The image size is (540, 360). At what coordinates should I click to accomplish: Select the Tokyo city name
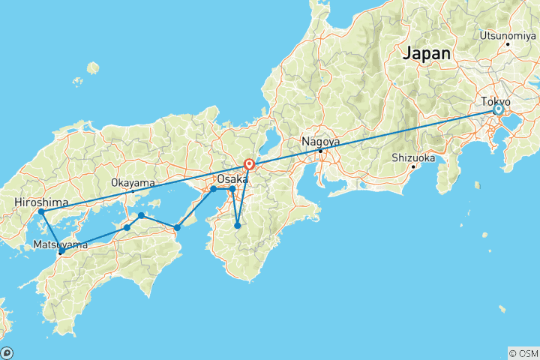496,101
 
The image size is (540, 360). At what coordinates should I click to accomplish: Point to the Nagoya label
320,141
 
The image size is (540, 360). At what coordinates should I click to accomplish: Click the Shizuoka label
413,157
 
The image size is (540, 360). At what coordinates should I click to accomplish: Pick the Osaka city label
232,179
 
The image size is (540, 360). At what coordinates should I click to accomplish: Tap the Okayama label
133,182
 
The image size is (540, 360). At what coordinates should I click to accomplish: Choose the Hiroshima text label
41,202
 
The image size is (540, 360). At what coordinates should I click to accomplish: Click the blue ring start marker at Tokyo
497,110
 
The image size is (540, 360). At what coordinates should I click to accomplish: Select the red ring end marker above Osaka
249,164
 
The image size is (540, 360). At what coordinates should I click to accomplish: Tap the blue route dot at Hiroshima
42,212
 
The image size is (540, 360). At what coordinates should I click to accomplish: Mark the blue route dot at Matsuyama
61,253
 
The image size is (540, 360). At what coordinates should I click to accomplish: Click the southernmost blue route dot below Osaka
238,226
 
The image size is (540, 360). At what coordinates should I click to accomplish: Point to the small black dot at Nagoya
320,151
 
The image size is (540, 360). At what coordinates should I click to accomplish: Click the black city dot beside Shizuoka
413,166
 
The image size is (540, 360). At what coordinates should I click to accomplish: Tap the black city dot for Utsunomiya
508,43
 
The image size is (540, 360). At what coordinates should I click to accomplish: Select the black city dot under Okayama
133,191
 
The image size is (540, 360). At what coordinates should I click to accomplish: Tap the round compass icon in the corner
7,352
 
